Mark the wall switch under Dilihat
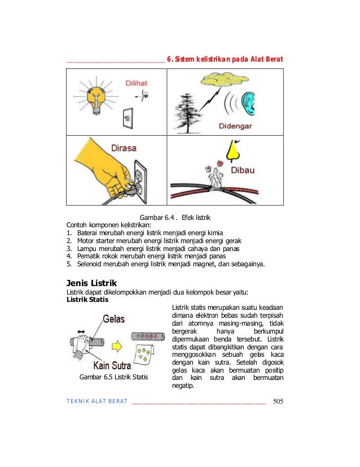(x=128, y=119)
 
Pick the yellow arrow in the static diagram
(x=117, y=343)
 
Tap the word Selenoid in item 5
(x=90, y=263)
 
